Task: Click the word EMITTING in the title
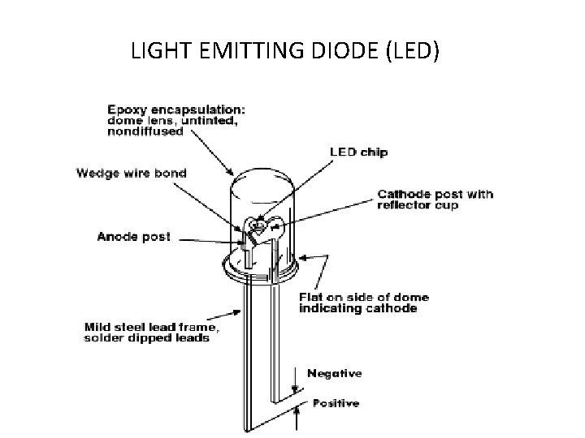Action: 249,52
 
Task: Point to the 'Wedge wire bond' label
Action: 143,172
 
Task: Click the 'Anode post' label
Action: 134,237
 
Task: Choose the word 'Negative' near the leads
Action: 334,374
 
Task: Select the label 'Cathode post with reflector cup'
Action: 435,199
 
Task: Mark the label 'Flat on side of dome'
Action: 364,298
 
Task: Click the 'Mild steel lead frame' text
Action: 151,327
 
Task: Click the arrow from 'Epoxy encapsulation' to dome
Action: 215,154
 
